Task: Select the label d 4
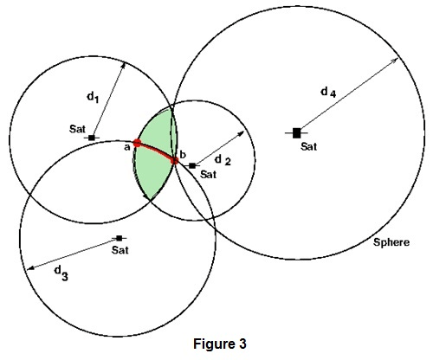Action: [x=326, y=92]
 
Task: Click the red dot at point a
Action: [x=137, y=143]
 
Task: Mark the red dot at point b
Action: [x=174, y=160]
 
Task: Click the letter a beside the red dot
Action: [x=126, y=147]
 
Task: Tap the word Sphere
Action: [x=390, y=243]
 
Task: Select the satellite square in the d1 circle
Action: [x=91, y=137]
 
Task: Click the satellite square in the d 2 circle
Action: [x=192, y=164]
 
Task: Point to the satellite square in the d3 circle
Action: [x=118, y=238]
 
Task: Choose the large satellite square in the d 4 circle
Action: [x=296, y=132]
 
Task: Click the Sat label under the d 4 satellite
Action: [x=309, y=146]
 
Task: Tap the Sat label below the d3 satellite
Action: [x=120, y=250]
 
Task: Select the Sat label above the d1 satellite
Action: [x=76, y=128]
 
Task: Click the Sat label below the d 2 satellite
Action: [x=208, y=174]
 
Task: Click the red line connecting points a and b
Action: [x=156, y=149]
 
